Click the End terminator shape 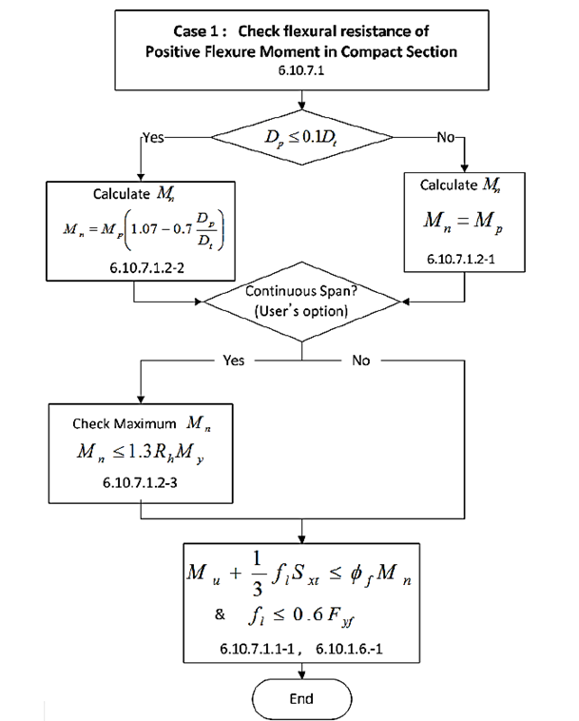(x=300, y=697)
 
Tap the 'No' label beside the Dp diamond (x=445, y=137)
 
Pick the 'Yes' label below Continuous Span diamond (x=232, y=361)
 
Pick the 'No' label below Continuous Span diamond (x=360, y=361)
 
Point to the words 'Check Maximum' (x=114, y=423)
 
